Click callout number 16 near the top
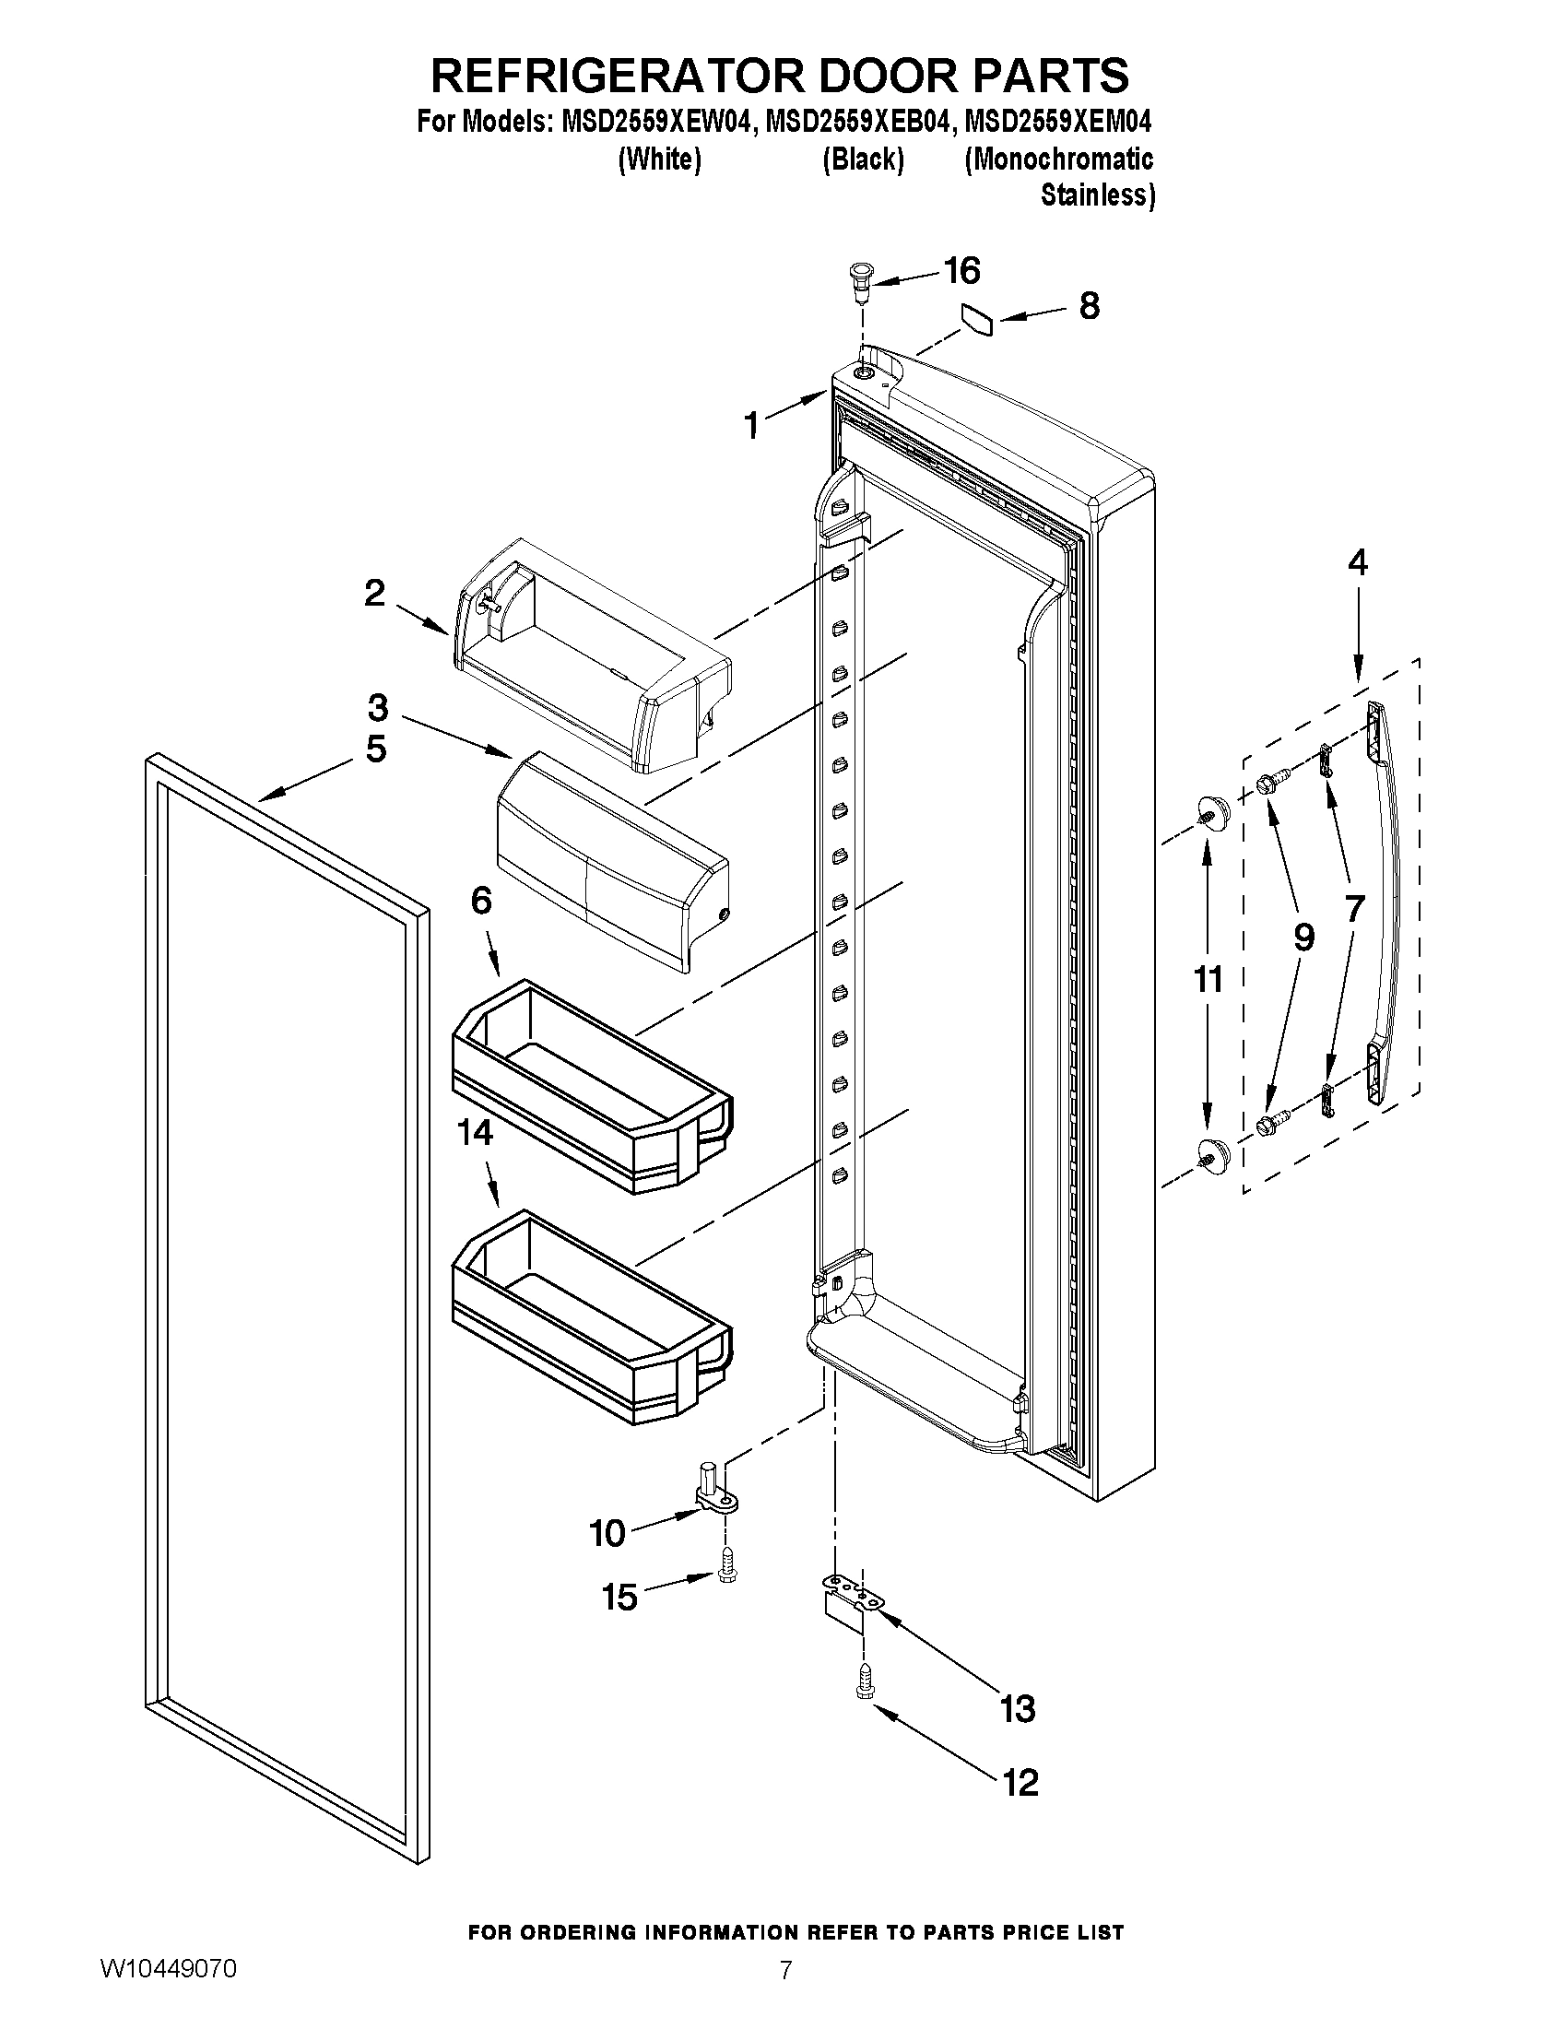click(961, 271)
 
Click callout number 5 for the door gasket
click(375, 749)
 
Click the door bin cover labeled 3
click(613, 859)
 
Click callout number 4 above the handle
click(1357, 563)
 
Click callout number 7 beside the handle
click(1354, 908)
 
